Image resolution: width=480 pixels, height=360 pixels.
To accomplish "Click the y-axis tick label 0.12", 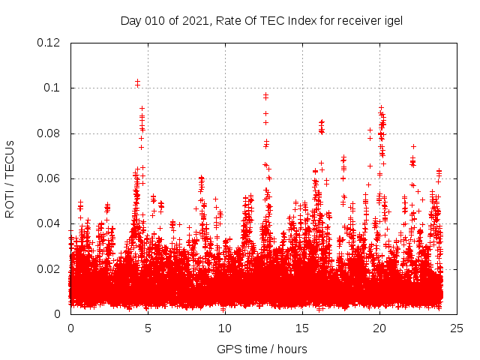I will pos(49,43).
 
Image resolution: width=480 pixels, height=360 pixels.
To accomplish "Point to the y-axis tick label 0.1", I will pos(53,88).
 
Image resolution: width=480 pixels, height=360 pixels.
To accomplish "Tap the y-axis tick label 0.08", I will pos(49,133).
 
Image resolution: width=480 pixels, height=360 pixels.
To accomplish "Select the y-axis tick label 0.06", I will pos(49,178).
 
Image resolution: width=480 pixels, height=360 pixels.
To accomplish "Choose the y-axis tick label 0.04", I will pos(49,223).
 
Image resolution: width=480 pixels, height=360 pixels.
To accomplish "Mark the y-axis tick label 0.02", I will pos(49,268).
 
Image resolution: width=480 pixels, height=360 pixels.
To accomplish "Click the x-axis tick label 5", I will pos(148,328).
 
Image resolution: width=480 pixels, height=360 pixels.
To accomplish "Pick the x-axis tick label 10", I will pos(225,328).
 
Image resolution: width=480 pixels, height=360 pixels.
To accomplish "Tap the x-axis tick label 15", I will pos(302,328).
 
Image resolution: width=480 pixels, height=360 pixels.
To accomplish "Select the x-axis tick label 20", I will pos(379,328).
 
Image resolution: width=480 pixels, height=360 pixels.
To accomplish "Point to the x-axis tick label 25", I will pos(457,328).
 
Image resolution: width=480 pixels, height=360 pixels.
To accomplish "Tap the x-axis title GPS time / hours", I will pos(262,349).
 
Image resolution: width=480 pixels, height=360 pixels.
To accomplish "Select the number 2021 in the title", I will pos(196,20).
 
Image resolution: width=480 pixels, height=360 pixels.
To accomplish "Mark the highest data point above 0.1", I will pos(137,81).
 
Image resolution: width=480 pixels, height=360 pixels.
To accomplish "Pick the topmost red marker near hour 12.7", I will pos(265,95).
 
